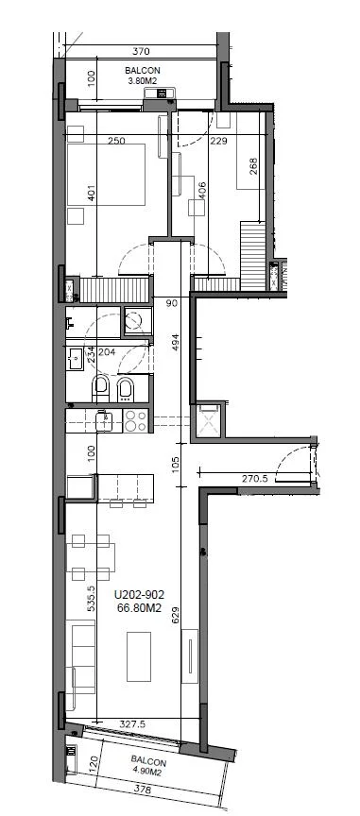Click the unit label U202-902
(x=140, y=594)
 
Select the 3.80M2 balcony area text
(x=143, y=80)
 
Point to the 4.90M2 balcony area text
(x=148, y=773)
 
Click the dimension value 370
(x=141, y=51)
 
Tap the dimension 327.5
(x=131, y=723)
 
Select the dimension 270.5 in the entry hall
(x=255, y=479)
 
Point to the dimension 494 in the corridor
(x=176, y=342)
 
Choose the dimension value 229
(x=219, y=141)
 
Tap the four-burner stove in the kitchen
(x=136, y=420)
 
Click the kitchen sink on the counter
(x=105, y=420)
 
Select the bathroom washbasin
(x=75, y=359)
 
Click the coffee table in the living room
(x=139, y=656)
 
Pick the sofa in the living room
(x=80, y=665)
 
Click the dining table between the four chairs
(x=91, y=557)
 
